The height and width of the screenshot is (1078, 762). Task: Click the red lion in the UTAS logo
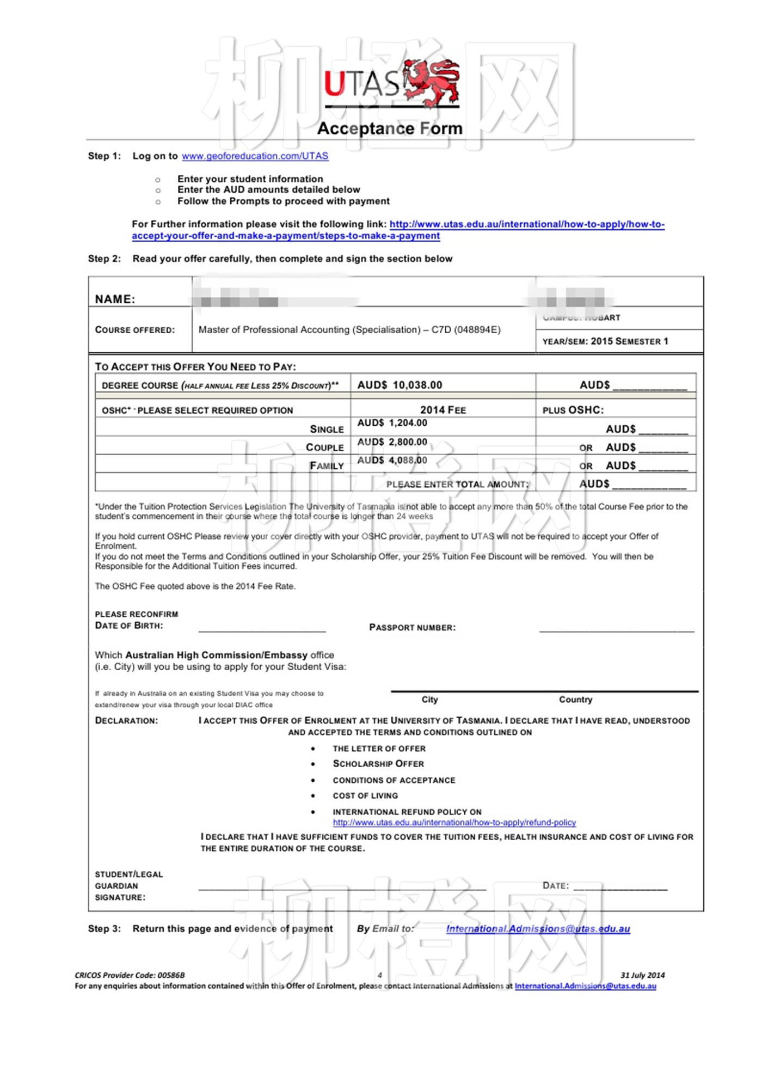pos(434,83)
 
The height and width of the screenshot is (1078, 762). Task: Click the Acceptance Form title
pos(390,128)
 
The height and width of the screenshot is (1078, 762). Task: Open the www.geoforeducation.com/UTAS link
pos(255,156)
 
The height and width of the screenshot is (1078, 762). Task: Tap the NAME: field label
pos(115,299)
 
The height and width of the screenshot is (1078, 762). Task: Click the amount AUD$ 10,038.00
pos(400,385)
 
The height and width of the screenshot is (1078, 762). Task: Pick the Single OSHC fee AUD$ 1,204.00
pos(392,423)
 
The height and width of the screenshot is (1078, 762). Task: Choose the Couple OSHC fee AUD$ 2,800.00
pos(392,442)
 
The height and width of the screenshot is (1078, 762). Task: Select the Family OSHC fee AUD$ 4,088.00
pos(392,461)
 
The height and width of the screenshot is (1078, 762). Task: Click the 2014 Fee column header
pos(443,410)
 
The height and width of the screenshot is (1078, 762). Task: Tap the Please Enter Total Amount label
pos(457,484)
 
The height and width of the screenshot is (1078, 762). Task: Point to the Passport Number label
pos(412,628)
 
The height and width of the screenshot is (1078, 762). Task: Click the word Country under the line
pos(575,700)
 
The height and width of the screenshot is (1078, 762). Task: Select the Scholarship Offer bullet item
pos(378,764)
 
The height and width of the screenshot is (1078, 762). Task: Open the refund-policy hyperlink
pos(454,823)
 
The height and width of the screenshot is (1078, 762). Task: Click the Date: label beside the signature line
pos(555,886)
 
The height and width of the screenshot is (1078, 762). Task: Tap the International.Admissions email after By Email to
pos(538,929)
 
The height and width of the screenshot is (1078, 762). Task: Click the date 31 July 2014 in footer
pos(642,975)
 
